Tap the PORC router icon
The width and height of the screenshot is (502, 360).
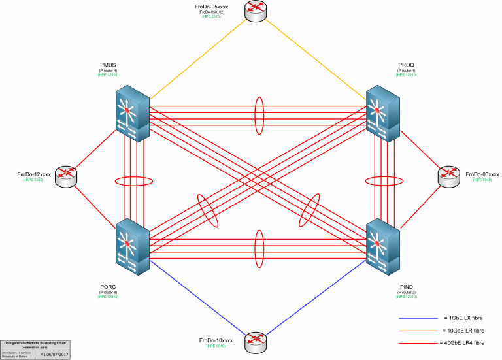132,247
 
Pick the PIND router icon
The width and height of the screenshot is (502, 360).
382,247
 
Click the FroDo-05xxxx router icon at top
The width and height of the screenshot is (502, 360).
253,10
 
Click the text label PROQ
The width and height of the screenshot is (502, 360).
406,65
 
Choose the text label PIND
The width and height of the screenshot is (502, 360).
406,286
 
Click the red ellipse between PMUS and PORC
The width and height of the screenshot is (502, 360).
133,181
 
